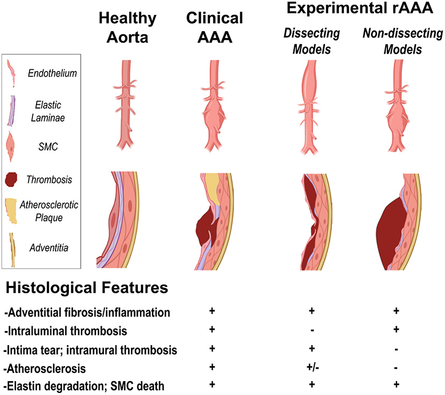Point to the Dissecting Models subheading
point(312,41)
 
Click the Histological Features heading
point(87,289)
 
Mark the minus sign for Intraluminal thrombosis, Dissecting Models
point(311,329)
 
